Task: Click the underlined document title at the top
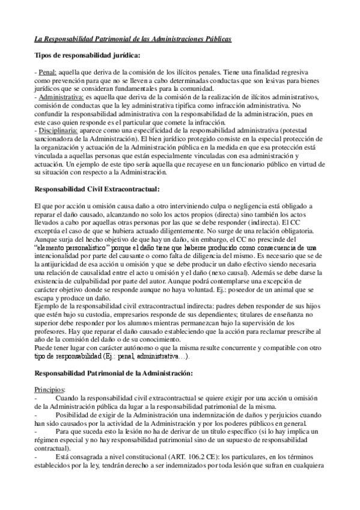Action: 132,39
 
